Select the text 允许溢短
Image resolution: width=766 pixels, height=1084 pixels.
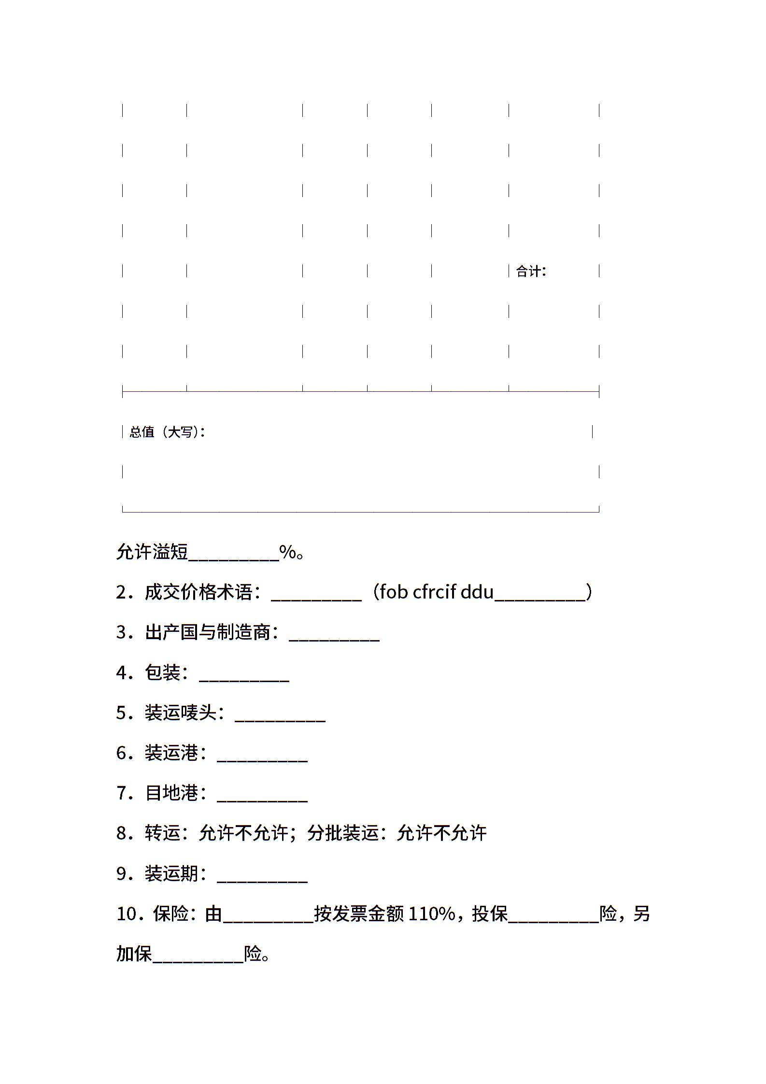tap(152, 552)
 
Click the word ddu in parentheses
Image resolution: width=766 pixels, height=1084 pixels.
tap(477, 592)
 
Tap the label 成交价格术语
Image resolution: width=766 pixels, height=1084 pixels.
tap(199, 592)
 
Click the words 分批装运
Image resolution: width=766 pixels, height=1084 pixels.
tap(343, 833)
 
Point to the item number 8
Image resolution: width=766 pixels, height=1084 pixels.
tap(122, 833)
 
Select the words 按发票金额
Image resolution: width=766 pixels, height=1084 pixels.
tap(359, 914)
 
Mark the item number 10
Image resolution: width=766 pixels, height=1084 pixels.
tap(127, 914)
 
